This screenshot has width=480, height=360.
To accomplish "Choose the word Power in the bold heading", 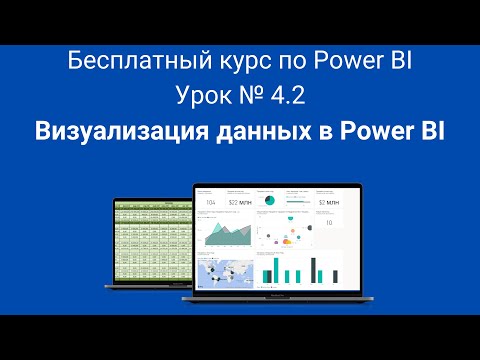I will click(x=369, y=131).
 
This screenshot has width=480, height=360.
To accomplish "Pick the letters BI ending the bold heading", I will click(x=426, y=131).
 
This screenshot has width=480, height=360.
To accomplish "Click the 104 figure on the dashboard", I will click(x=211, y=208).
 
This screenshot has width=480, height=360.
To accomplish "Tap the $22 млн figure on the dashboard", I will click(x=239, y=208).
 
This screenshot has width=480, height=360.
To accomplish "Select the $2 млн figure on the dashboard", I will click(x=328, y=208).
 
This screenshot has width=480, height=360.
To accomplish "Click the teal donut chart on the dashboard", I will click(x=269, y=201).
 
